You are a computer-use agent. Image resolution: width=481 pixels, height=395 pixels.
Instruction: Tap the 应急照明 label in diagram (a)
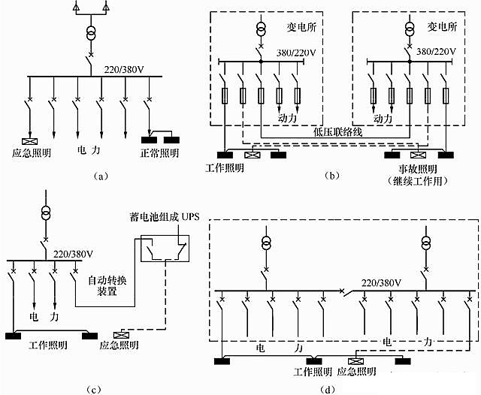tap(32, 153)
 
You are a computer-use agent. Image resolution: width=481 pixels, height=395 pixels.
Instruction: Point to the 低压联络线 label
tap(338, 130)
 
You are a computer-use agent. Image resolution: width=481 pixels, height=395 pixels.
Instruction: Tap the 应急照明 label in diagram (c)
tap(119, 345)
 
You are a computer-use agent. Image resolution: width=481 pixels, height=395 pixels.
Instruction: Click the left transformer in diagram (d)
tap(265, 243)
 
